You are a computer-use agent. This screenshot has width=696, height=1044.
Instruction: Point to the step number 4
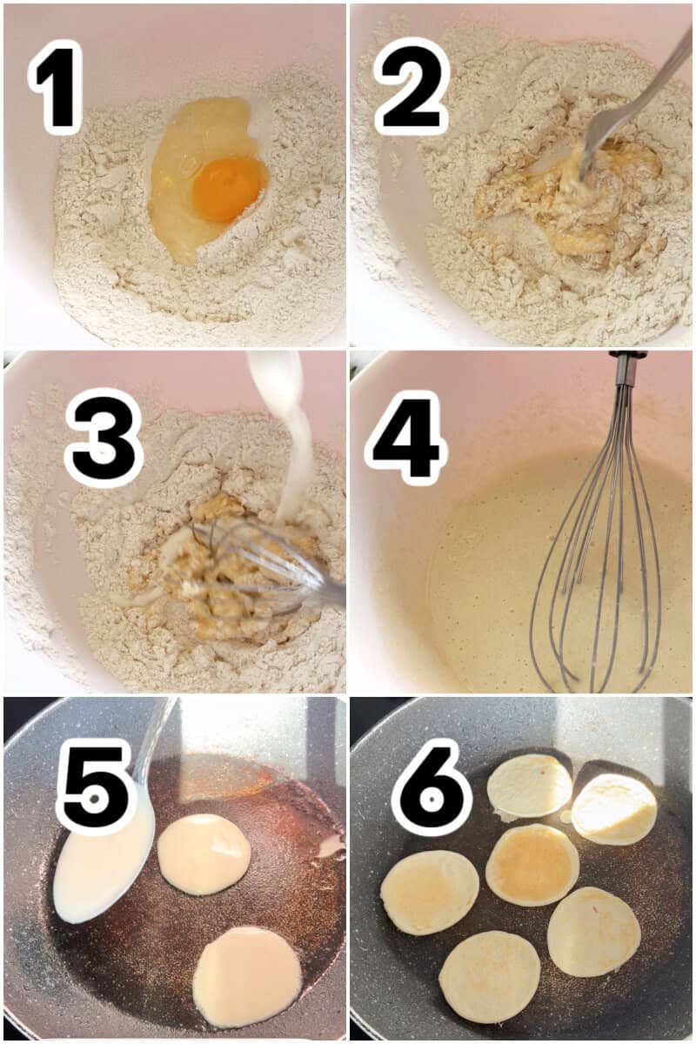[x=405, y=438]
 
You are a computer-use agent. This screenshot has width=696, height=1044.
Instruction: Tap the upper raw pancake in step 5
[x=204, y=853]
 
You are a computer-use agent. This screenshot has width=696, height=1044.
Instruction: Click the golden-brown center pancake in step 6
[x=532, y=864]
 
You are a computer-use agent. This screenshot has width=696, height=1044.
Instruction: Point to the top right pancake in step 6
[x=614, y=809]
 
